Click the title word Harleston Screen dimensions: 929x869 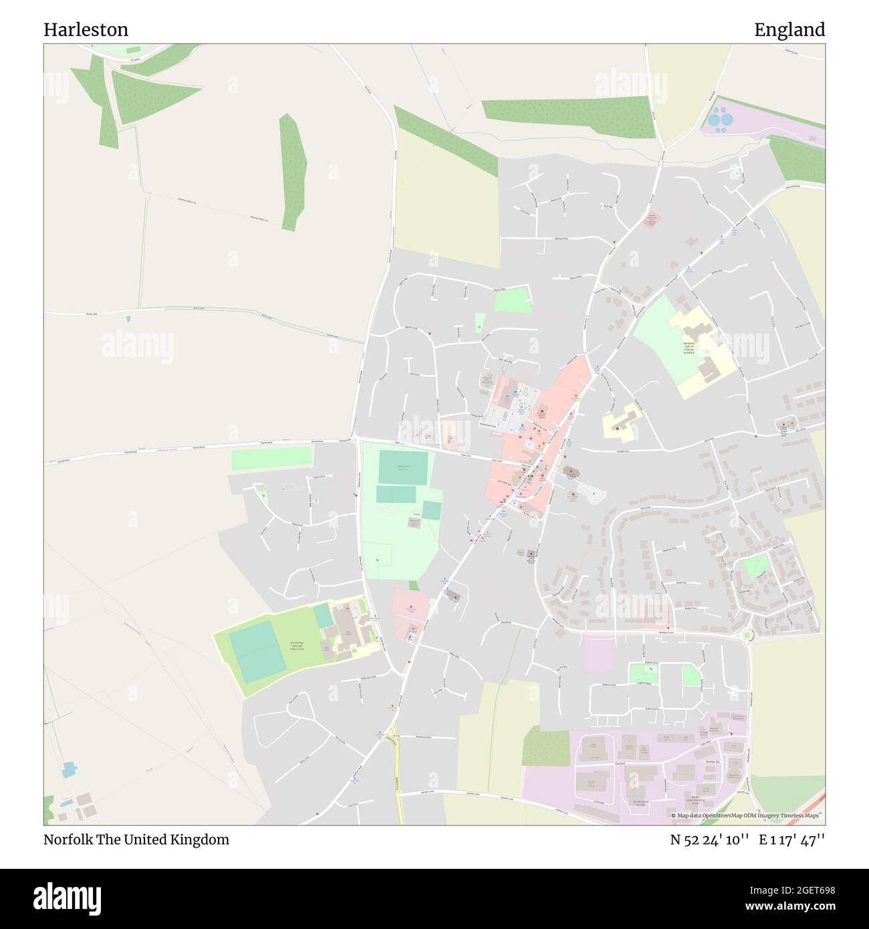pos(86,29)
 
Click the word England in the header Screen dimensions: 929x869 pos(789,29)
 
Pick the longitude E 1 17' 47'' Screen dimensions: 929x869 pos(791,839)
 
